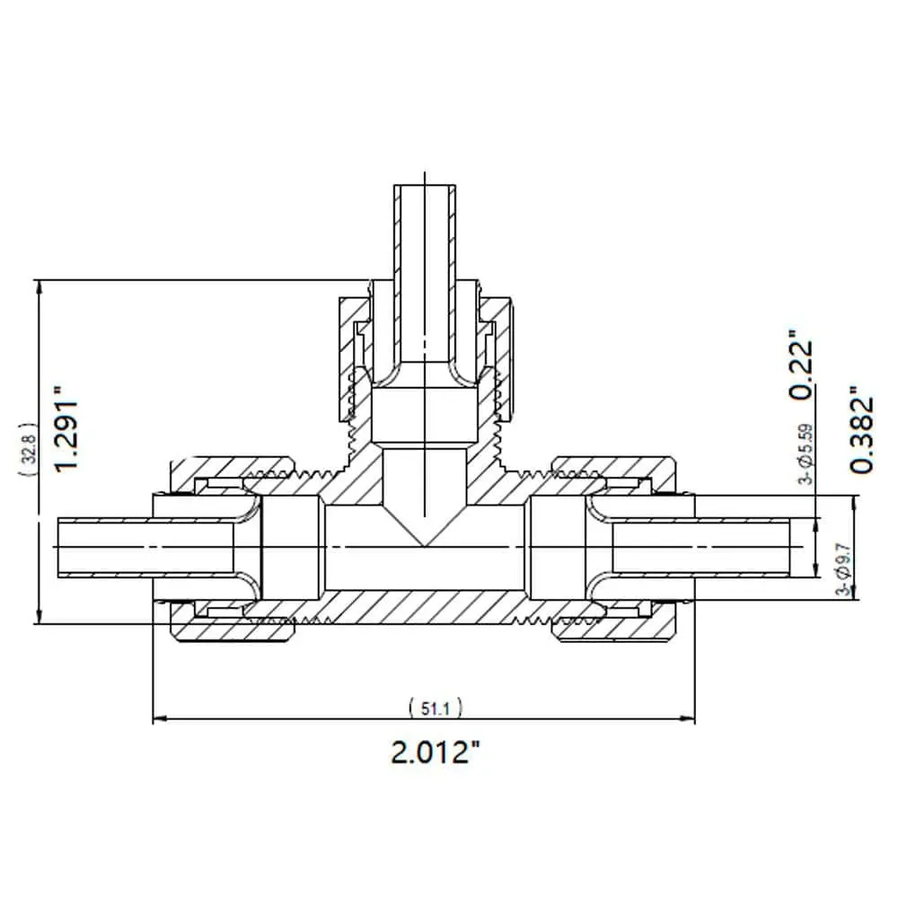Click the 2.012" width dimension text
coord(435,752)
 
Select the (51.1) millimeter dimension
coord(436,709)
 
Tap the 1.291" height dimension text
coord(66,428)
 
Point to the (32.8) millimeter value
coord(29,449)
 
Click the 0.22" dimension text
coord(801,365)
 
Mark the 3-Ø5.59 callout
coord(806,453)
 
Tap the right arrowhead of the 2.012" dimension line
coord(687,718)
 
